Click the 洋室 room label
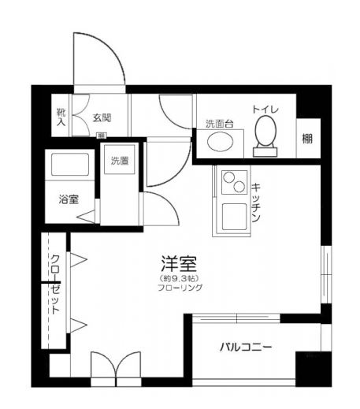(179, 264)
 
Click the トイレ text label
(265, 110)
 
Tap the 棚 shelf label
(306, 139)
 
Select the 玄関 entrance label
(101, 118)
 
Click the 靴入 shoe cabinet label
(61, 117)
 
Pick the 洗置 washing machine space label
(120, 162)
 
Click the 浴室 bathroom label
(68, 199)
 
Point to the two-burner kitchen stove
(232, 184)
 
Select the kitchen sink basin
(233, 216)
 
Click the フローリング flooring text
(180, 288)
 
